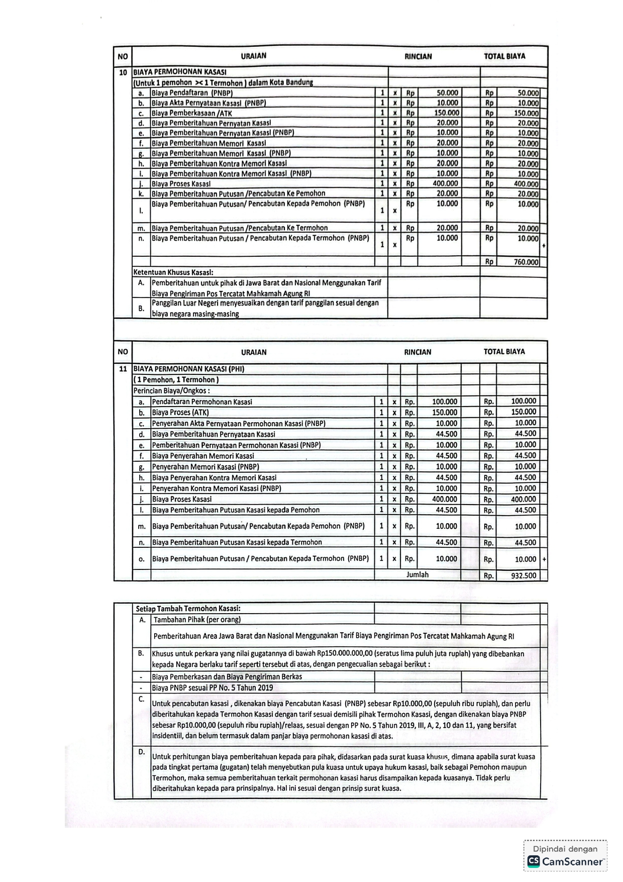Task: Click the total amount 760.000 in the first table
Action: (526, 262)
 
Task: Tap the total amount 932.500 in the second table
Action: (524, 575)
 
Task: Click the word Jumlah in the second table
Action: (418, 574)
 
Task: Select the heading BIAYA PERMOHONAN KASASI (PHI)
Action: (188, 369)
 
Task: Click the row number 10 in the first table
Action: (123, 72)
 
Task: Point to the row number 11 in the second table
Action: (123, 369)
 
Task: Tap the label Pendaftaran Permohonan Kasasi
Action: (202, 402)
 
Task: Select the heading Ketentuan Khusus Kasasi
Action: (173, 272)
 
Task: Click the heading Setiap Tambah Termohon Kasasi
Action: (188, 608)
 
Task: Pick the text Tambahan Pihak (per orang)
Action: (197, 619)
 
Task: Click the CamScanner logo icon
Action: (534, 861)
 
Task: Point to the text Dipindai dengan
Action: (565, 849)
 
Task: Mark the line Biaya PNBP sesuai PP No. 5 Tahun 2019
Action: (213, 688)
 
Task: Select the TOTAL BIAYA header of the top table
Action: (504, 56)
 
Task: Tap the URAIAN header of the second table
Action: (254, 352)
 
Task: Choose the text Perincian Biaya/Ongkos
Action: (171, 390)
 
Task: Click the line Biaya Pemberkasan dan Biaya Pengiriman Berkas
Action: (227, 676)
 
